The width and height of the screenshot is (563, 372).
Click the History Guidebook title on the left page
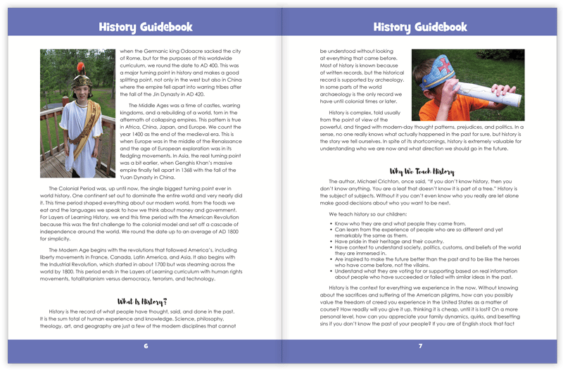(145, 27)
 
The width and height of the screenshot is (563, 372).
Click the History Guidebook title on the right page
(420, 27)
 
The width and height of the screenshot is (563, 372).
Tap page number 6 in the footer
(146, 346)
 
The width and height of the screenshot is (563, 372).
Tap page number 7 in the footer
(420, 346)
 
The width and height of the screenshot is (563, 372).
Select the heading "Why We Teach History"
(420, 171)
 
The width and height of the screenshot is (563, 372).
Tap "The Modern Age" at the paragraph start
(69, 250)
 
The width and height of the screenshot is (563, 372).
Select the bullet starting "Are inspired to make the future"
(422, 259)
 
